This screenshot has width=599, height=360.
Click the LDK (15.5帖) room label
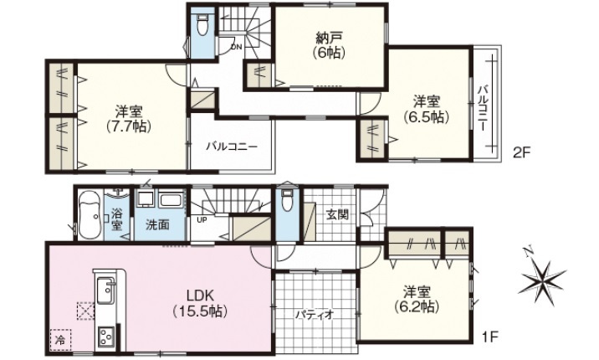pos(200,303)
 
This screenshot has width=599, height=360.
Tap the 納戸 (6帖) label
pos(329,44)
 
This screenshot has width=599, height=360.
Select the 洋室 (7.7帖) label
pos(129,119)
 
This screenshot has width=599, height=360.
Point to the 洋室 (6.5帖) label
pos(427,109)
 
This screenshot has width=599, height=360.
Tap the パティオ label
pos(315,314)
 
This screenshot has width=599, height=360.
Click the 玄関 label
pos(338,214)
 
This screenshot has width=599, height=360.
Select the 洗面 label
pos(157,224)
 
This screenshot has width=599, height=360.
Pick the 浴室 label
pos(116,219)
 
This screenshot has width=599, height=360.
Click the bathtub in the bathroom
pos(90,215)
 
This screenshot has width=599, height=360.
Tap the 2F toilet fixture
pos(202,24)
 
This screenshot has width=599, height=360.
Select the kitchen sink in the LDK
pos(105,291)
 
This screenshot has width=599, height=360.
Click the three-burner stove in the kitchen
pos(106,337)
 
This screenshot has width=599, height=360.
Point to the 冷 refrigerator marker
pos(60,340)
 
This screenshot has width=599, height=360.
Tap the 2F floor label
pos(522,153)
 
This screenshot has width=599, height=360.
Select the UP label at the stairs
pos(202,219)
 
